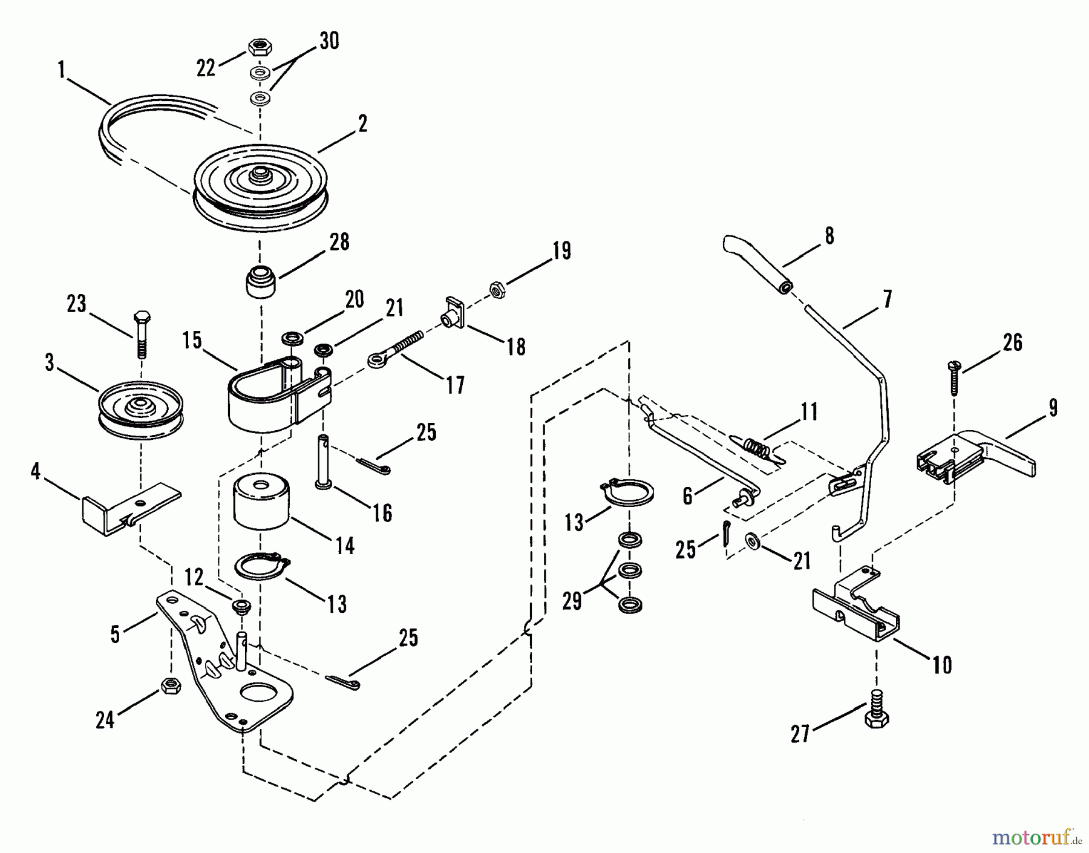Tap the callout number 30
pyautogui.click(x=329, y=41)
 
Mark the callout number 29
pyautogui.click(x=572, y=601)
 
